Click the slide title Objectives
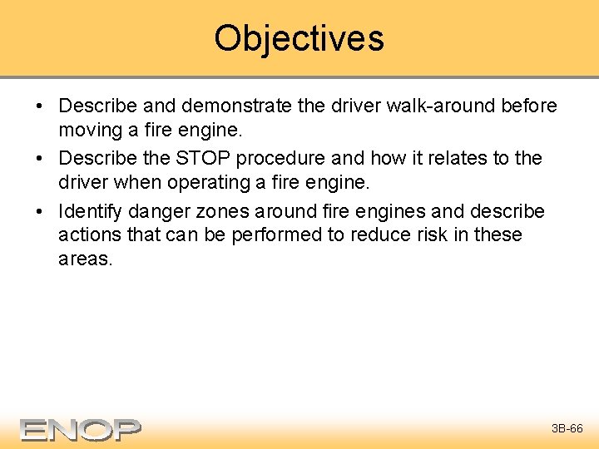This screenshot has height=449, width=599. pos(299,38)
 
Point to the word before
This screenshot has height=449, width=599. pos(526,106)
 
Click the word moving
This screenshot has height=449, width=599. pos(87,131)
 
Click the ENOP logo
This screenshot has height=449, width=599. pos(81,429)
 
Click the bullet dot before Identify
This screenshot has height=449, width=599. pos(40,210)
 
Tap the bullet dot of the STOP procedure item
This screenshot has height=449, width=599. pos(40,159)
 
